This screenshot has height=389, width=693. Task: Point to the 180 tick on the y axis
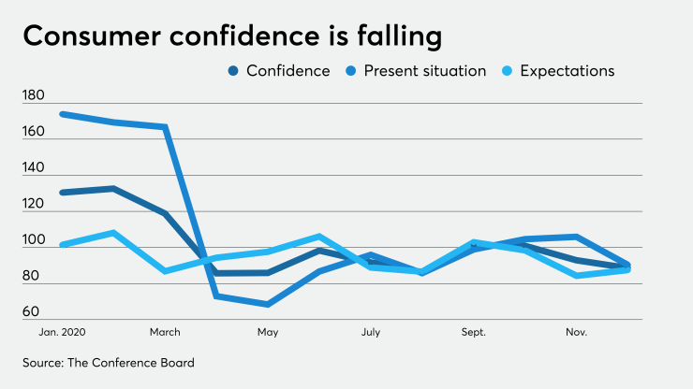pyautogui.click(x=34, y=95)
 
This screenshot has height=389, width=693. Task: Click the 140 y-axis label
pyautogui.click(x=34, y=167)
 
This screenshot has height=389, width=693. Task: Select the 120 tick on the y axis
pyautogui.click(x=34, y=204)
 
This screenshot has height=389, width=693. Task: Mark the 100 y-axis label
pyautogui.click(x=34, y=240)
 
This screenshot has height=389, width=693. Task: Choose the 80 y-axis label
pyautogui.click(x=34, y=276)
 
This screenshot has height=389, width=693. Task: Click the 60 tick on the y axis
pyautogui.click(x=34, y=312)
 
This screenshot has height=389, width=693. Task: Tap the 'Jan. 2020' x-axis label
pyautogui.click(x=62, y=332)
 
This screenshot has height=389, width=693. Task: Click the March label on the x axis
pyautogui.click(x=165, y=332)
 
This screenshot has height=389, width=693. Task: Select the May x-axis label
pyautogui.click(x=268, y=332)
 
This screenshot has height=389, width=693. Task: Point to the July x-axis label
pyautogui.click(x=370, y=332)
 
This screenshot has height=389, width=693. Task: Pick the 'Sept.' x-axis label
pyautogui.click(x=473, y=332)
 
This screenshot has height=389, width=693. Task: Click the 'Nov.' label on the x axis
pyautogui.click(x=576, y=332)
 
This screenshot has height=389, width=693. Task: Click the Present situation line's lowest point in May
pyautogui.click(x=268, y=305)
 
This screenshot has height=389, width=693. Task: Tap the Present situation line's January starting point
pyautogui.click(x=62, y=114)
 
